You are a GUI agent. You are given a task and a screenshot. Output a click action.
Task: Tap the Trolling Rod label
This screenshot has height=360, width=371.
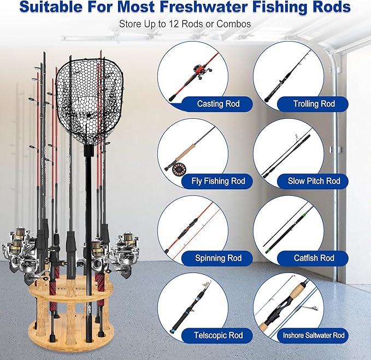point(314,103)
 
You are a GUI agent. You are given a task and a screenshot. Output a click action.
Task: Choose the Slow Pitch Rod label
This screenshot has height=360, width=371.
point(314,181)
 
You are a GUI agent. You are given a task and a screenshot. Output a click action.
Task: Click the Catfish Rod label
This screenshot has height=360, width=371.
point(314,258)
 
